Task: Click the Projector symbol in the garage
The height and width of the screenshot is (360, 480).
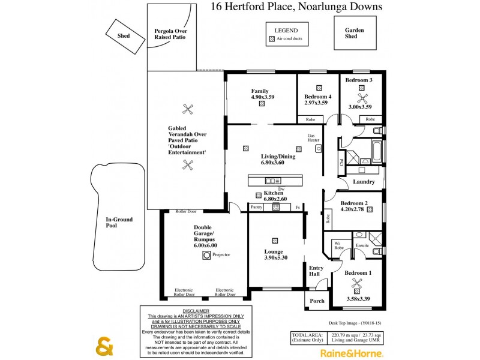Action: coord(207,255)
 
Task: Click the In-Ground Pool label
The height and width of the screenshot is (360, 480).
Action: coord(119,223)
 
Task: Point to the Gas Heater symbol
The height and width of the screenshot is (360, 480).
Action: coord(319,148)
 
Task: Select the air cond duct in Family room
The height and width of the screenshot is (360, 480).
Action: coord(262,103)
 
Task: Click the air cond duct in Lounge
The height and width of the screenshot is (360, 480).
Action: coord(275,241)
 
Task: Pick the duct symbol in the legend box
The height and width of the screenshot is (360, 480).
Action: coord(272,39)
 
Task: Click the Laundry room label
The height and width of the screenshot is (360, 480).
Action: coord(364,182)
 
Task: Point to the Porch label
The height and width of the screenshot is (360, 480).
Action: coord(316,302)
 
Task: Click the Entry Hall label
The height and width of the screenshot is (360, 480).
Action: coord(315,271)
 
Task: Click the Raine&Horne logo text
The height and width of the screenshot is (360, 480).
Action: coord(351,353)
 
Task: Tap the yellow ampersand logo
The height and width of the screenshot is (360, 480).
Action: coord(104,347)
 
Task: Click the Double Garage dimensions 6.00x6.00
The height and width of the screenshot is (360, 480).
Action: coord(205,245)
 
